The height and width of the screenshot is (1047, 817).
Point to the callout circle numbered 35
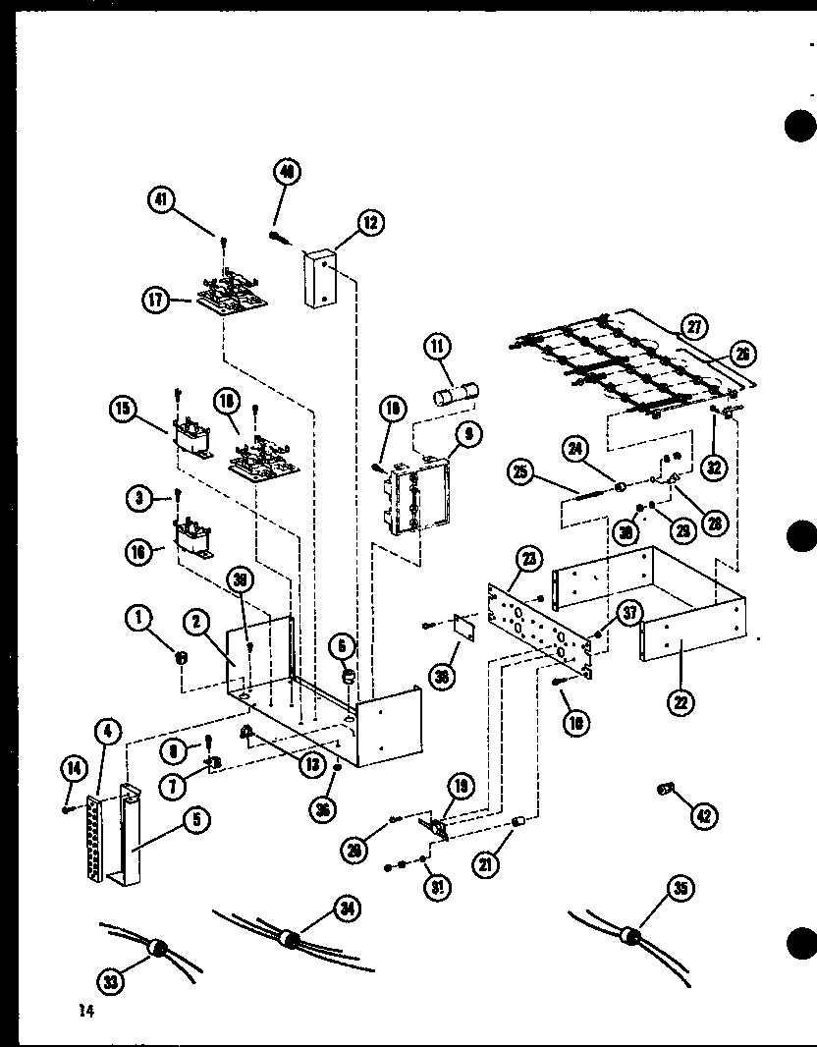[x=681, y=891]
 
